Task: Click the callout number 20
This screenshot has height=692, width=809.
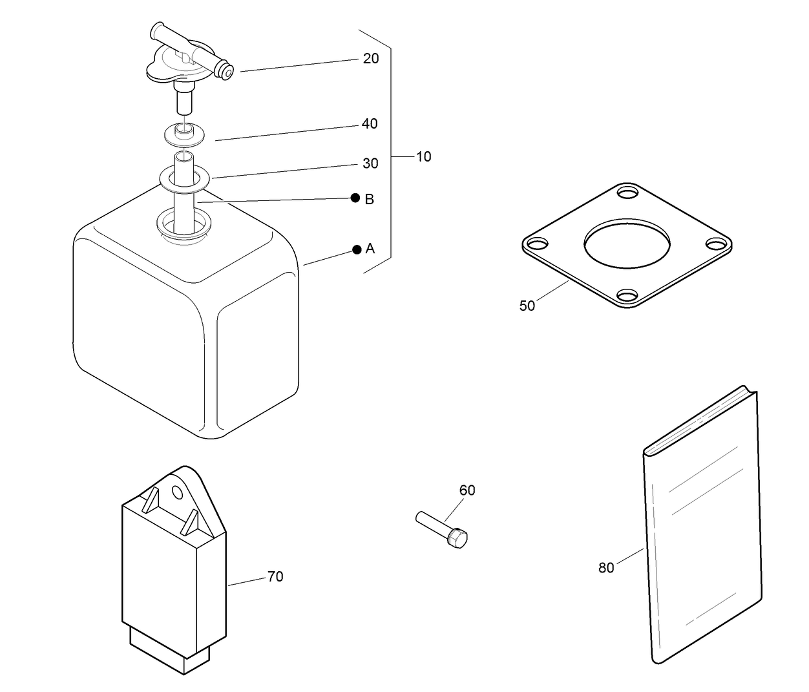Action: (371, 59)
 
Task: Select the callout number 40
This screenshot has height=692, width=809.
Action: (370, 123)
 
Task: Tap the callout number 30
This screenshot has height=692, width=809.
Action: (370, 163)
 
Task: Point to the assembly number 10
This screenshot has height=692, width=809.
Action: (423, 156)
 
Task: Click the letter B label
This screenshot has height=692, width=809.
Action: (370, 199)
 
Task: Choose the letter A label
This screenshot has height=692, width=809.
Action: (370, 249)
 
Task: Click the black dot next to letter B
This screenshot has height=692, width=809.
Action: (355, 198)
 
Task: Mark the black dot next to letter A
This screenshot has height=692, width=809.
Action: (356, 249)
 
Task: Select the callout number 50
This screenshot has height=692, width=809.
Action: (527, 306)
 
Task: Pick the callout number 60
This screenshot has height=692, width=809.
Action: (467, 490)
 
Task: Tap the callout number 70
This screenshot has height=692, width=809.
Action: (275, 576)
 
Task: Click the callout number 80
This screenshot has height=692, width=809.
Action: (606, 568)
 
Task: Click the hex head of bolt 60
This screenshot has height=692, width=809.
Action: (458, 538)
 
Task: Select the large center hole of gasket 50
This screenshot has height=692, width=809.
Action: (627, 244)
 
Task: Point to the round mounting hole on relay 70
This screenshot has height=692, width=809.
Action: (177, 493)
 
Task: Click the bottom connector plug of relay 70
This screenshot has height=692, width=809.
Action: (170, 649)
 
